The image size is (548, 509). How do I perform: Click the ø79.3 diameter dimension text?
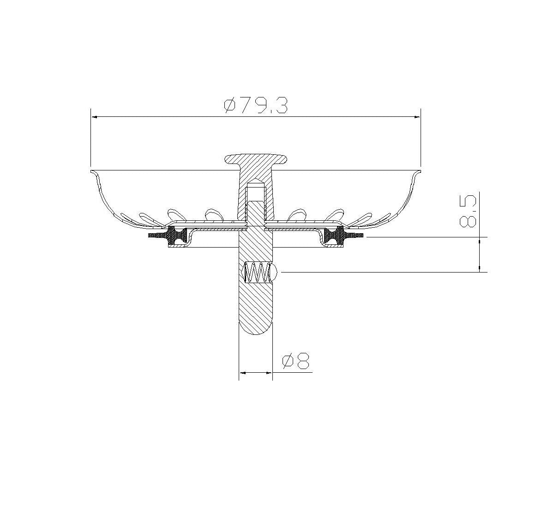[x=256, y=105]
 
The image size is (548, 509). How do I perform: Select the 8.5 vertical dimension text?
[x=468, y=211]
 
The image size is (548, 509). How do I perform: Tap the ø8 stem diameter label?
[x=296, y=361]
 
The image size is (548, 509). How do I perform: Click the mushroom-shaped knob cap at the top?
[x=255, y=160]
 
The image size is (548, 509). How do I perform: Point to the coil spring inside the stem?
[x=256, y=272]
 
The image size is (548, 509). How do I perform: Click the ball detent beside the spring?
[x=273, y=272]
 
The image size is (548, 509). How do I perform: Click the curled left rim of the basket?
[x=94, y=173]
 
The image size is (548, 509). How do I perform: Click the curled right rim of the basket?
[x=417, y=173]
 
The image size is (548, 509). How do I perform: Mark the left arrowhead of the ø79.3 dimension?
[x=94, y=117]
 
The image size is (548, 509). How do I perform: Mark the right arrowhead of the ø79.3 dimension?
[x=417, y=117]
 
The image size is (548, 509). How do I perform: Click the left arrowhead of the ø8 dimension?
[x=242, y=372]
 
